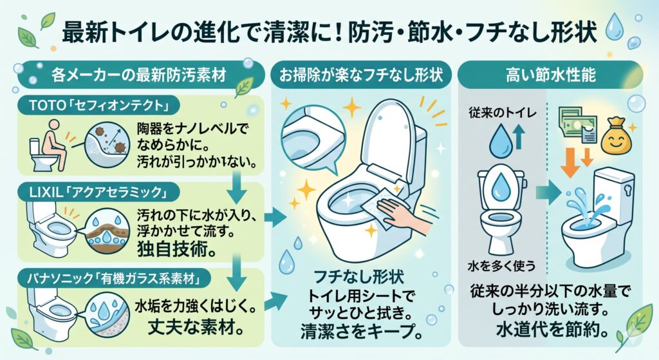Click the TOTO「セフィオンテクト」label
pos(98,106)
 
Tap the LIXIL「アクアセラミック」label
pos(98,193)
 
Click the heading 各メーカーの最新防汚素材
pos(139,75)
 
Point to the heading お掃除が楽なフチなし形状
pos(361,75)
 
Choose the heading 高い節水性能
pos(551,75)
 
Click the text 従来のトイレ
pos(503,113)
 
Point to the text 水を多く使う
pos(502,266)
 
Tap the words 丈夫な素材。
pos(196,328)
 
